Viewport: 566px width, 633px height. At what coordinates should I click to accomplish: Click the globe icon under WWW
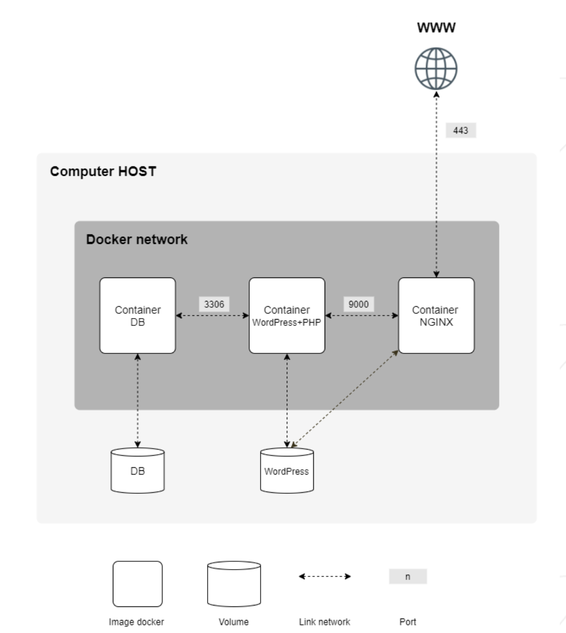click(436, 69)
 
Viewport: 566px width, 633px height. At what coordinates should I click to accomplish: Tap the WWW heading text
click(436, 28)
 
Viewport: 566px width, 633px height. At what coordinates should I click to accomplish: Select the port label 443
click(460, 130)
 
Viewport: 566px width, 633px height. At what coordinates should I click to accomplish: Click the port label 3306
click(214, 304)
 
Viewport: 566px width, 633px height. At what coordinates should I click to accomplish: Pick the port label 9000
click(358, 304)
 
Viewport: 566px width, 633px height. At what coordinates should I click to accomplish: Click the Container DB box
click(137, 315)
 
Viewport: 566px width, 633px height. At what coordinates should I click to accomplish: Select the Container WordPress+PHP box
click(287, 315)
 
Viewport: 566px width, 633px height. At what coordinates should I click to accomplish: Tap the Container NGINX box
click(436, 315)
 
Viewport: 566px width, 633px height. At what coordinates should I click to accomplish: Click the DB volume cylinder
click(137, 470)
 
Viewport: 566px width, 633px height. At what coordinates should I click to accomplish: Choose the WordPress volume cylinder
click(287, 470)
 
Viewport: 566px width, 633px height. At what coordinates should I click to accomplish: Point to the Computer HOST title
click(103, 172)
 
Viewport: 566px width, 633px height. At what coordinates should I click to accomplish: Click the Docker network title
click(137, 240)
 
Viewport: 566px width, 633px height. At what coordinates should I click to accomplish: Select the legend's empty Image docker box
click(137, 584)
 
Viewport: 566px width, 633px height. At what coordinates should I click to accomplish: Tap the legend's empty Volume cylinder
click(234, 584)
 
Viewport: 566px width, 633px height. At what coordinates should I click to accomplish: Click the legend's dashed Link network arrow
click(325, 576)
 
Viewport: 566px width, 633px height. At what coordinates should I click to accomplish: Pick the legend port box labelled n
click(408, 576)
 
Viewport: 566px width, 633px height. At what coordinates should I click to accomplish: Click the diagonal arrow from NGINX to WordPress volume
click(344, 399)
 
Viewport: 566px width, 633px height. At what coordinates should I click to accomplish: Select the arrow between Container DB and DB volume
click(137, 401)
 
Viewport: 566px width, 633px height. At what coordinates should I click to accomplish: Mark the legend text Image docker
click(136, 622)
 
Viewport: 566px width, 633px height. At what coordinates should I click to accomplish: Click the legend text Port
click(408, 622)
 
